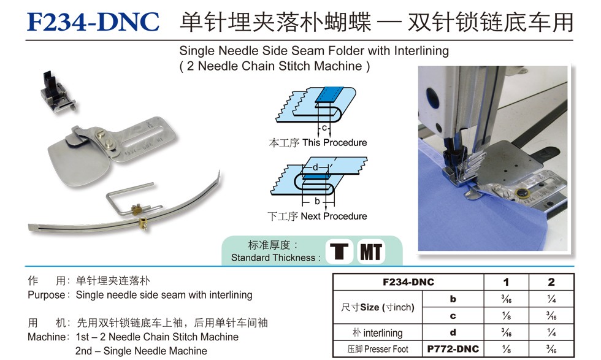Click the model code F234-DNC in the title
click(93, 21)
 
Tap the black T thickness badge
click(339, 251)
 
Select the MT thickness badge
click(371, 251)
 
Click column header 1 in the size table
click(506, 282)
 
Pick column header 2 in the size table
click(551, 282)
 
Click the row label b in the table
click(453, 299)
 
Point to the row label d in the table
click(453, 332)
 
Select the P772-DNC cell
click(453, 349)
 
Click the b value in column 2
click(551, 299)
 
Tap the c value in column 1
click(507, 315)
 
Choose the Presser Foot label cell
click(378, 349)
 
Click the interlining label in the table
click(378, 332)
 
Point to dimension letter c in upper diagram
click(324, 128)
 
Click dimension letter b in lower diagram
click(317, 201)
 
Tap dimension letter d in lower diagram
click(315, 167)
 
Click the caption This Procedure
click(334, 143)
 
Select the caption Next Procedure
click(334, 216)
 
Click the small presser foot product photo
click(58, 92)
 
